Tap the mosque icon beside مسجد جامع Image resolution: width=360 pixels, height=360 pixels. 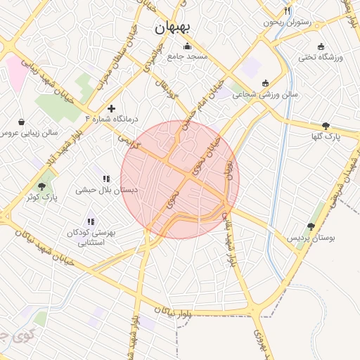(187, 47)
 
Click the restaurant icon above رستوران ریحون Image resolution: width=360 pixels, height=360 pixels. (287, 11)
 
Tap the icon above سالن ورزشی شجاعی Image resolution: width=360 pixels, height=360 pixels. (264, 82)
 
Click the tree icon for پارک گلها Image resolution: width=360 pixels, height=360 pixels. (325, 126)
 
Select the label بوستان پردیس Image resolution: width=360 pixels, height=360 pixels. (310, 238)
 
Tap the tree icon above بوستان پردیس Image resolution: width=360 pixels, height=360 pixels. (311, 226)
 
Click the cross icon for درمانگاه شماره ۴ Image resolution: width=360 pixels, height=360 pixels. (111, 108)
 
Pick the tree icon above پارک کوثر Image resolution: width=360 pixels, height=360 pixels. (41, 186)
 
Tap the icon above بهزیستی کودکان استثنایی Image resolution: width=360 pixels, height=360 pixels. (91, 221)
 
